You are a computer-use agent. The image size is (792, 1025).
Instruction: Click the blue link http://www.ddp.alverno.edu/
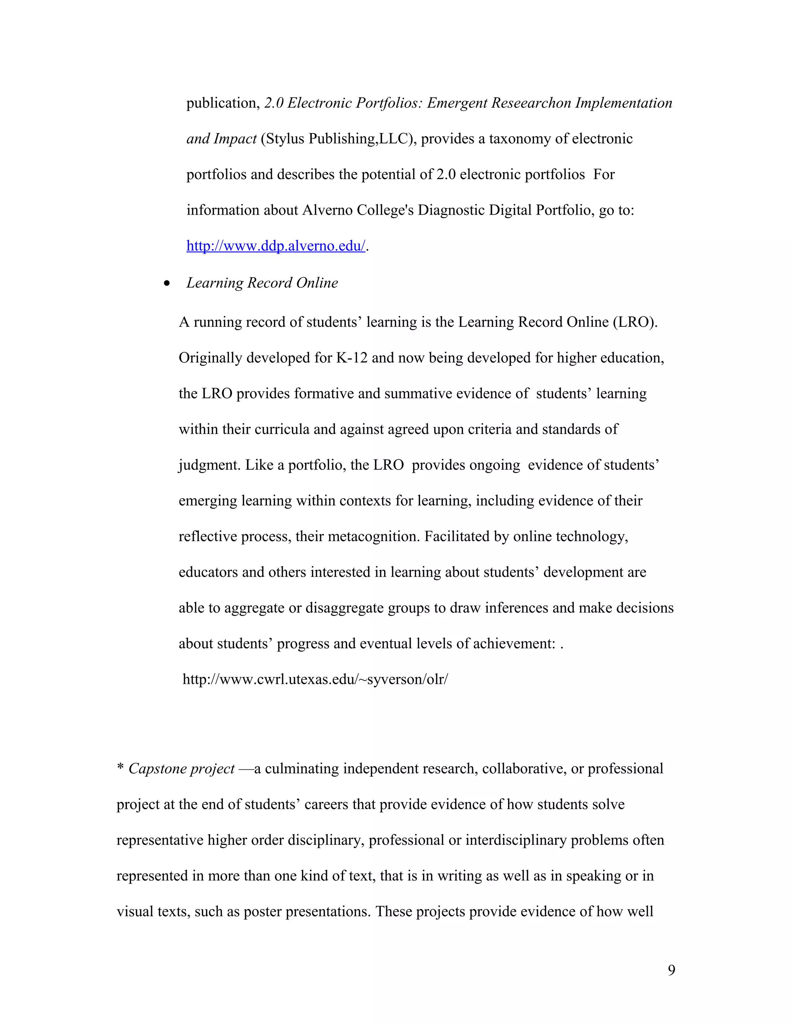point(275,246)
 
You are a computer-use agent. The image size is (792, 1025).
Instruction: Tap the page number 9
point(671,969)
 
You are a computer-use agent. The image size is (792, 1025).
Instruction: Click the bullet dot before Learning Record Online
point(167,284)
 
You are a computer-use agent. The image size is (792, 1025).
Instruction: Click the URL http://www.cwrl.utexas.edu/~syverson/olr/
point(315,679)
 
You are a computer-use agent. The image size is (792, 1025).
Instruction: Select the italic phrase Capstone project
point(181,768)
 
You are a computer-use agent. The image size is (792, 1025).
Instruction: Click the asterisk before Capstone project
point(120,768)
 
